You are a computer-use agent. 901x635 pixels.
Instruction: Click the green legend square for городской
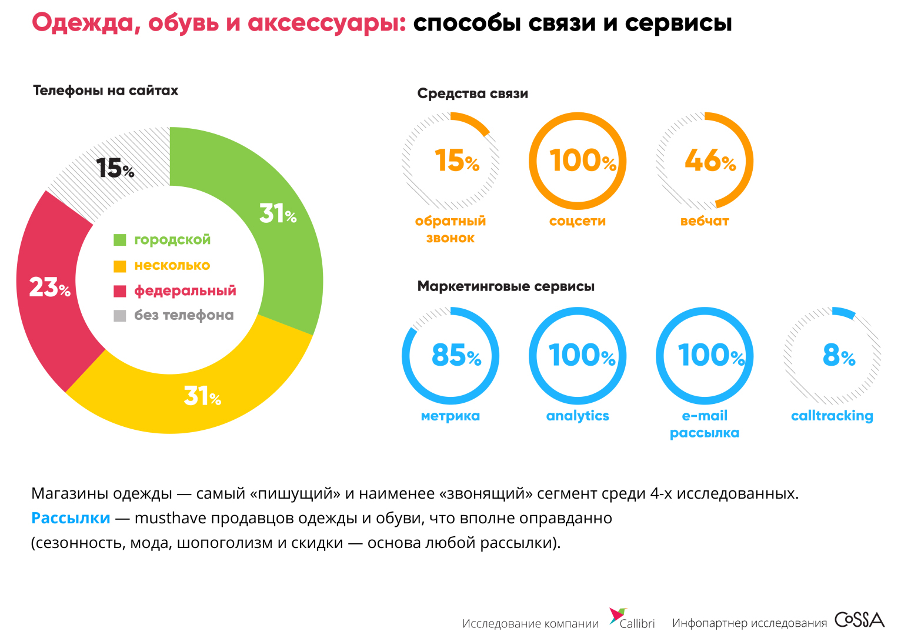(120, 240)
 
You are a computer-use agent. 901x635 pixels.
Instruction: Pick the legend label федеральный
(185, 290)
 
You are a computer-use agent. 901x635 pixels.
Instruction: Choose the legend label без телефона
(183, 315)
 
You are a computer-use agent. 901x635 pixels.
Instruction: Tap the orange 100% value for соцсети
(582, 161)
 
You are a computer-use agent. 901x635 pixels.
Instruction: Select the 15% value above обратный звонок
(456, 161)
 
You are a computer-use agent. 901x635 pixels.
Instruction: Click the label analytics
(578, 416)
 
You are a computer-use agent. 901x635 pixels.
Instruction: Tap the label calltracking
(832, 416)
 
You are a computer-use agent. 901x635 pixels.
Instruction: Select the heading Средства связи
(472, 93)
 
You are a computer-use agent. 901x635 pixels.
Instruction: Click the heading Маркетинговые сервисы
(506, 286)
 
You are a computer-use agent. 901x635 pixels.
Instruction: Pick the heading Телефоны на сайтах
(105, 91)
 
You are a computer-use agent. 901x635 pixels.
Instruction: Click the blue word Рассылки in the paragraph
(71, 518)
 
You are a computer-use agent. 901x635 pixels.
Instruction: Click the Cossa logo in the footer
(859, 620)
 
